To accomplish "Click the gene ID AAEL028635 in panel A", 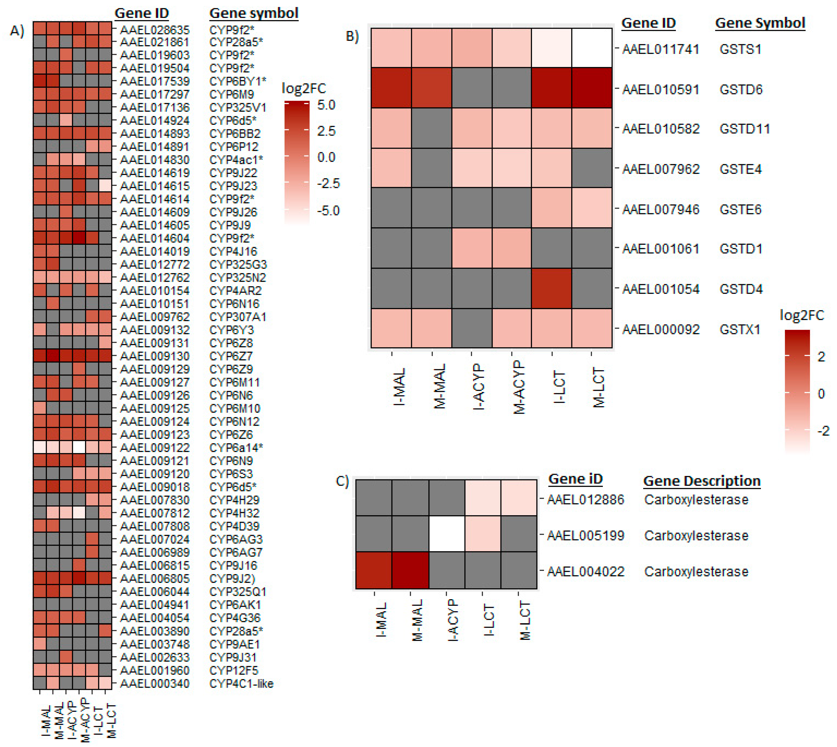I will (155, 30).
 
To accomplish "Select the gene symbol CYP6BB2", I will (235, 134).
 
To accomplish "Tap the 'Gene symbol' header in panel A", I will (254, 13).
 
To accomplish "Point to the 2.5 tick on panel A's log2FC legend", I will (326, 131).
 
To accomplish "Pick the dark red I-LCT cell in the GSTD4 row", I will (551, 288).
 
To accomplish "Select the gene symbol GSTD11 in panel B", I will (744, 129).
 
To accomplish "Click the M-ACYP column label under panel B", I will (519, 387).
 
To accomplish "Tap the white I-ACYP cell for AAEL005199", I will (447, 534).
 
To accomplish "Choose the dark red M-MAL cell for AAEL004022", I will (410, 570).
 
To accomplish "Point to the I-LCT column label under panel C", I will (489, 620).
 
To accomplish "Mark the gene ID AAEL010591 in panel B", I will (661, 90).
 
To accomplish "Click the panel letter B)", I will (352, 36).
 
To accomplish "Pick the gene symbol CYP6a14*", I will (236, 448).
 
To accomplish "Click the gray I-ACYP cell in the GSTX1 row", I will (472, 328).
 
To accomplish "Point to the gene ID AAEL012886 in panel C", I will (586, 499).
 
